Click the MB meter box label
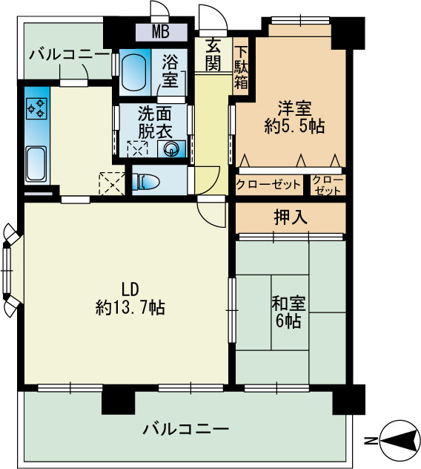point(161,32)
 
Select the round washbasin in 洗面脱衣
point(171,148)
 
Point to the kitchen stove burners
point(36,109)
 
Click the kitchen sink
point(36,163)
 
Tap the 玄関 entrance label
point(213,54)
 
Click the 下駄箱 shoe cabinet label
point(241,68)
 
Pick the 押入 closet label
point(291,217)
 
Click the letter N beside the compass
point(371,440)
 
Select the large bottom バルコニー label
point(185,429)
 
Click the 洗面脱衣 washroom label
point(155,122)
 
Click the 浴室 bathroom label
point(169,70)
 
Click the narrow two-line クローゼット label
point(328,185)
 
